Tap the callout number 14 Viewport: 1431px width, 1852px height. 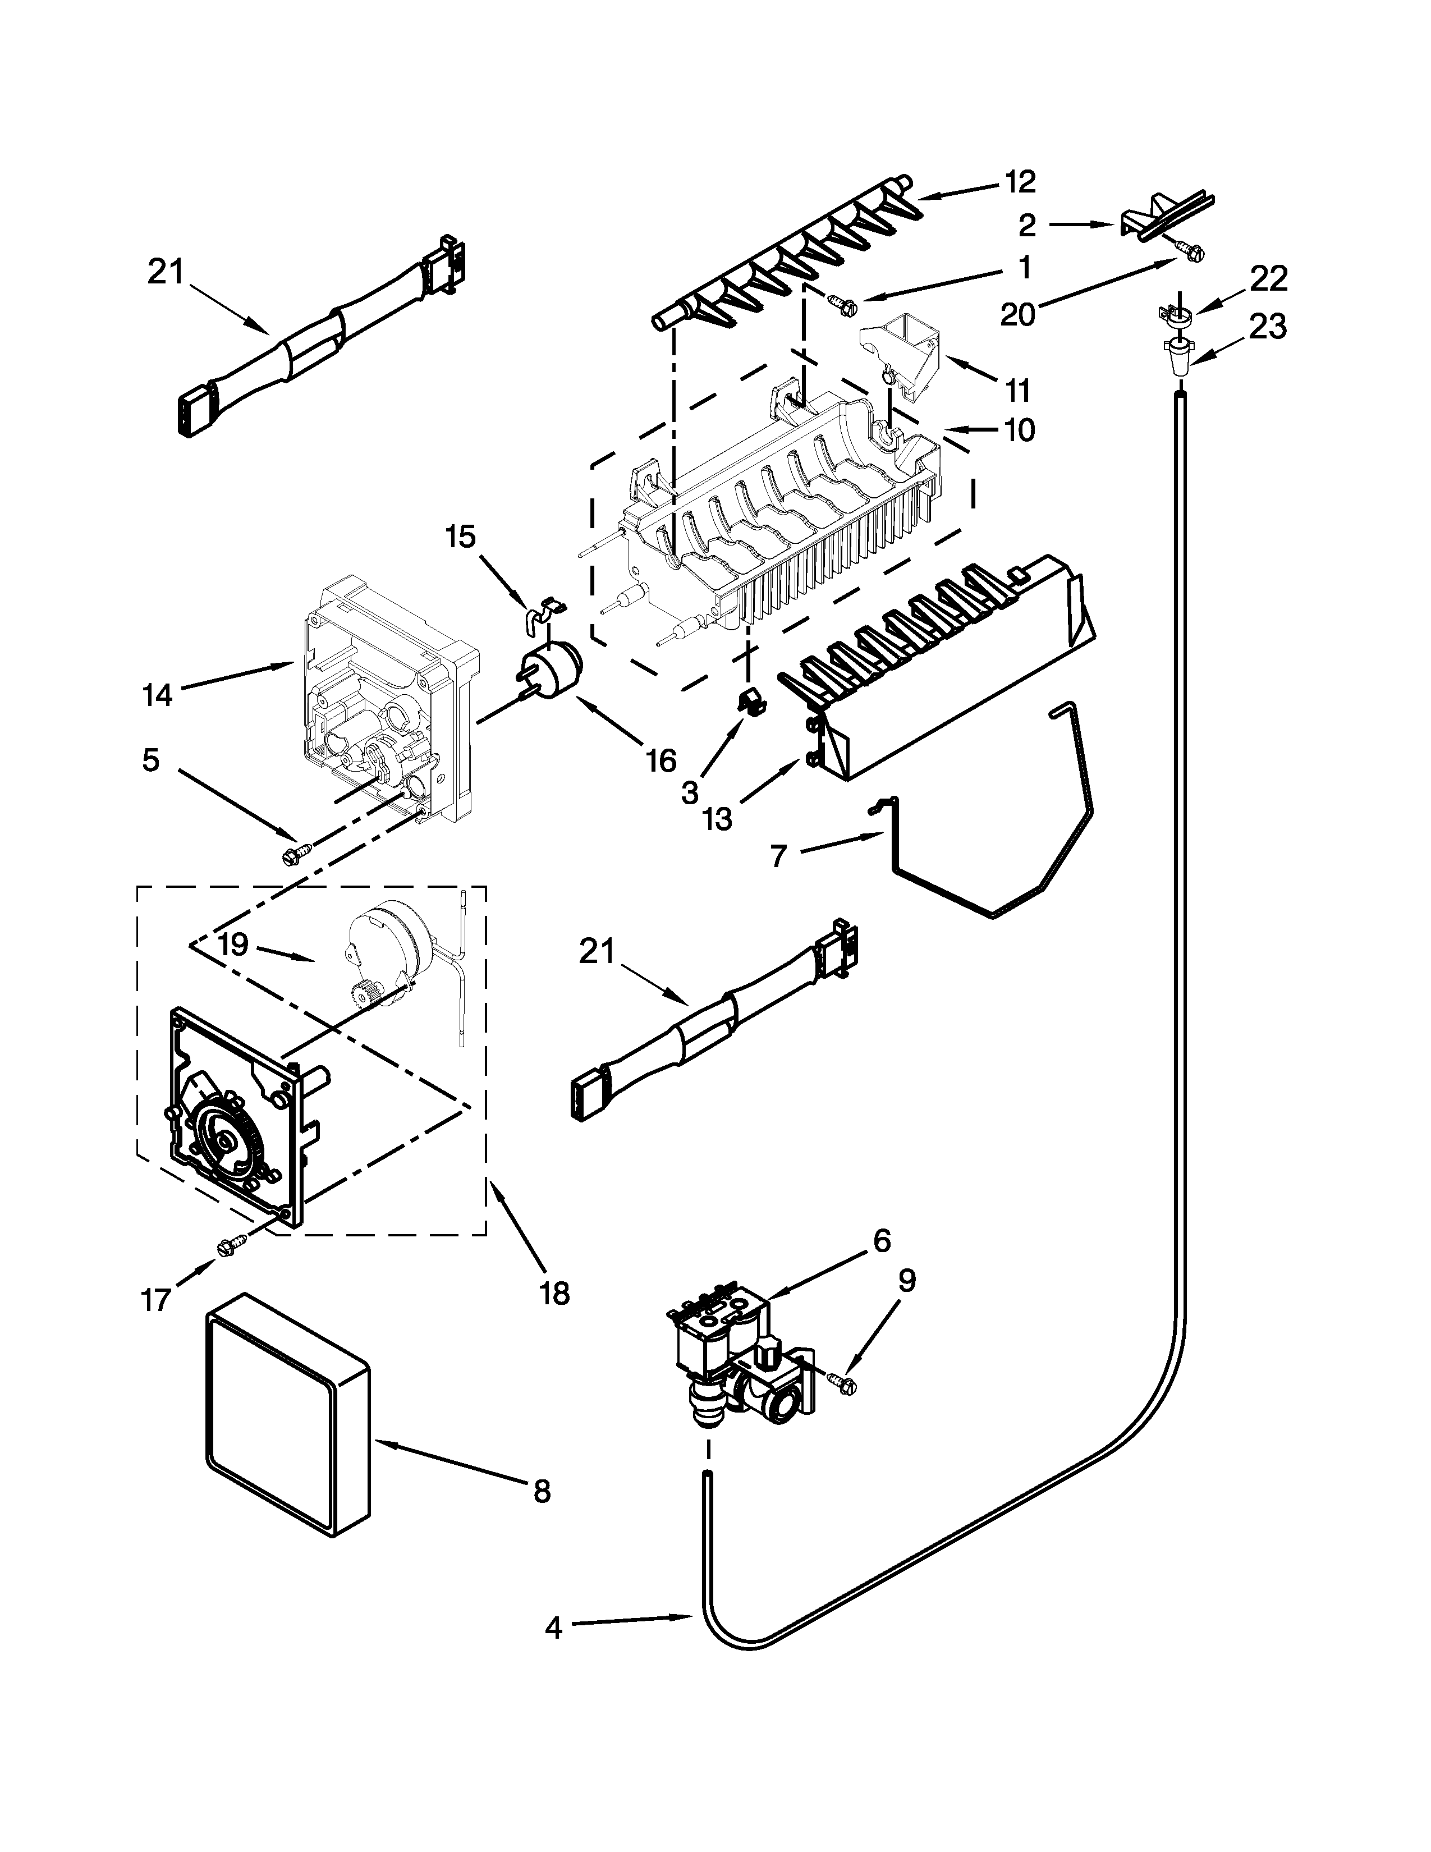point(158,695)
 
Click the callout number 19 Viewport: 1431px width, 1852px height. point(233,944)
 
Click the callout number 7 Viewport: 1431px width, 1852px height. point(779,856)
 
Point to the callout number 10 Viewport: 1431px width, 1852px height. point(1020,430)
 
